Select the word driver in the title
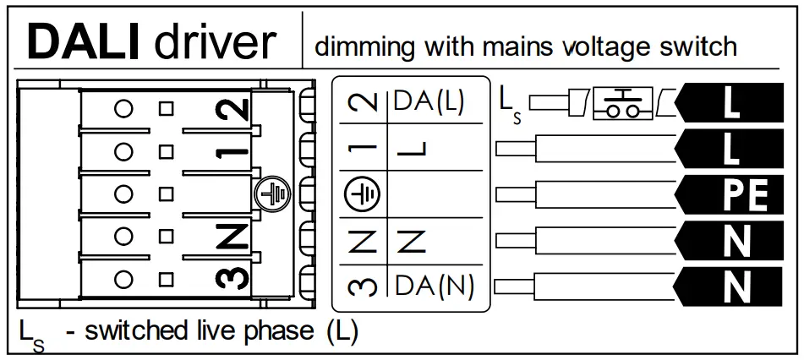click(x=216, y=42)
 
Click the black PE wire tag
click(x=732, y=195)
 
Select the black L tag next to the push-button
click(x=732, y=103)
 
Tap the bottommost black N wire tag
click(x=732, y=287)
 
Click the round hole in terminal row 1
click(x=125, y=151)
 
